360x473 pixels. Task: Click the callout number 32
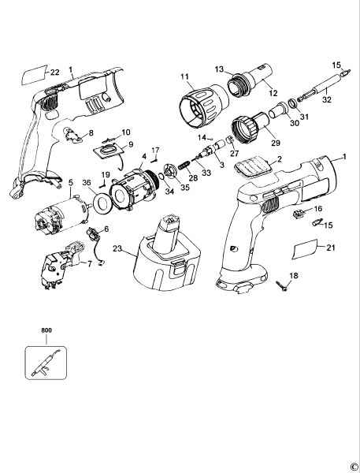pyautogui.click(x=327, y=99)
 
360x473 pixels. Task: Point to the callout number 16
pyautogui.click(x=318, y=210)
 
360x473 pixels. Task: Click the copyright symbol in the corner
pyautogui.click(x=353, y=465)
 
